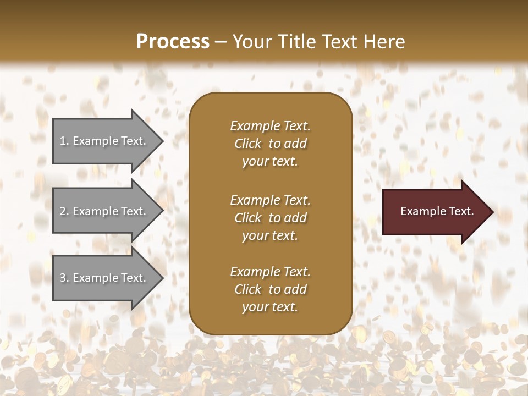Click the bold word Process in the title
point(173,42)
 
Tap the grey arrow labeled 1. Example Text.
point(105,141)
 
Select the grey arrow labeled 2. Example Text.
point(105,211)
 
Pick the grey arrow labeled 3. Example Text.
point(105,278)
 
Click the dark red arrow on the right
point(435,211)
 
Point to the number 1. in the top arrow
point(64,141)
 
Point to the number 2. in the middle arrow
point(64,211)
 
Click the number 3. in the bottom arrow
point(64,278)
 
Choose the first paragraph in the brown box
point(270,144)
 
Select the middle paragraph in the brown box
point(270,218)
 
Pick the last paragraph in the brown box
point(270,289)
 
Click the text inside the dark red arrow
point(437,211)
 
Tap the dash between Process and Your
point(221,42)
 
